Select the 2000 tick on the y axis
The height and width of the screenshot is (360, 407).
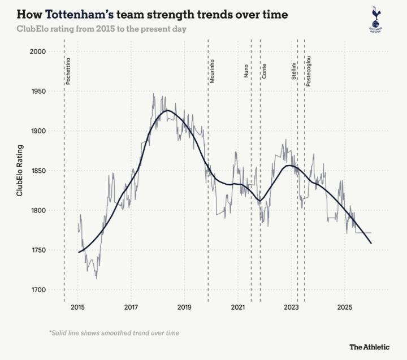click(x=37, y=51)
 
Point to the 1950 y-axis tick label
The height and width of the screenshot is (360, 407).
click(x=37, y=91)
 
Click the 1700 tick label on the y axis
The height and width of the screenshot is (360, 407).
click(x=37, y=290)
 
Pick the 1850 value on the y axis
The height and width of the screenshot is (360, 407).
click(x=37, y=171)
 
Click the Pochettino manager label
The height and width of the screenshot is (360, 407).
click(x=68, y=71)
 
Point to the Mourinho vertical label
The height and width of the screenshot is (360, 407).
click(x=213, y=71)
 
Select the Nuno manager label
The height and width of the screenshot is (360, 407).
click(x=246, y=70)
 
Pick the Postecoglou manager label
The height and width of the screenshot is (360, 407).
click(x=308, y=71)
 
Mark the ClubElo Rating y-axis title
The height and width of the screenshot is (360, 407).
click(x=20, y=170)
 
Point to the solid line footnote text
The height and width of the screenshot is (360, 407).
click(x=114, y=333)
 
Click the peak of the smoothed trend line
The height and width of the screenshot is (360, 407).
click(x=167, y=111)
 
